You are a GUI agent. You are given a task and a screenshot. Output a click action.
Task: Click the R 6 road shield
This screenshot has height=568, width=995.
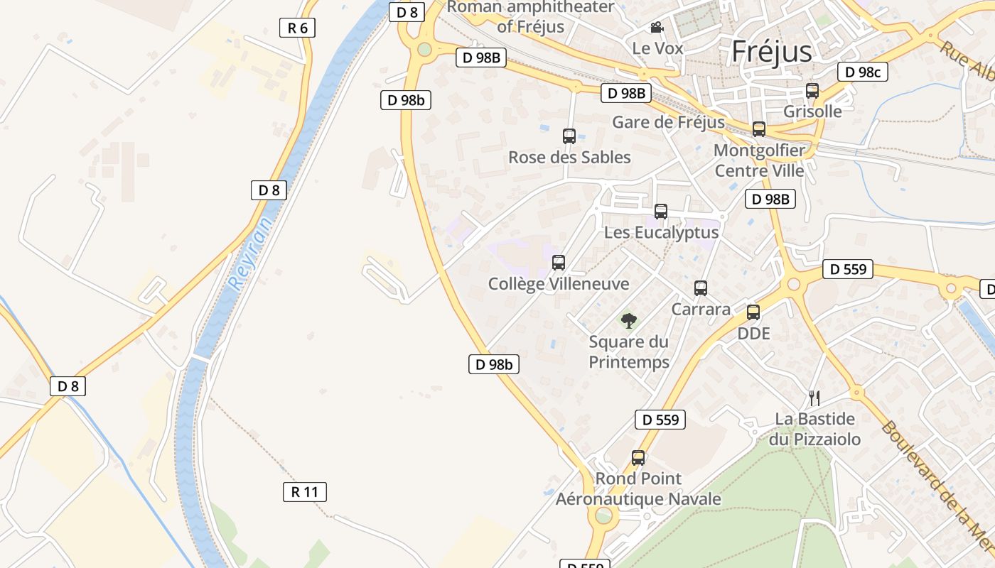coord(297,28)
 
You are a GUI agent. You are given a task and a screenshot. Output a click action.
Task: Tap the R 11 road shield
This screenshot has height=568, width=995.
coord(304,492)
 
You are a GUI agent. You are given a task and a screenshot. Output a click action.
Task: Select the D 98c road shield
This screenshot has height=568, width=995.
coord(863,72)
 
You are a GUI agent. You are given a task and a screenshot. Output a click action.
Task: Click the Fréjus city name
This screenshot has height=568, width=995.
coord(771,51)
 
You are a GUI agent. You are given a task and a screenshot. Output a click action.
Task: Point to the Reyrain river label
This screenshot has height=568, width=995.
coord(251,252)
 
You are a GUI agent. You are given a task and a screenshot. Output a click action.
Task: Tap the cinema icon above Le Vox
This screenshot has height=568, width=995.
coord(657,28)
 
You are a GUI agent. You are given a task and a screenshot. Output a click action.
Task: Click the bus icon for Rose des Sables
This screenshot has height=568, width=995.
coord(569,136)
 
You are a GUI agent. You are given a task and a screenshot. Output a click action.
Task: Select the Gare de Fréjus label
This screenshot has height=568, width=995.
coord(668,122)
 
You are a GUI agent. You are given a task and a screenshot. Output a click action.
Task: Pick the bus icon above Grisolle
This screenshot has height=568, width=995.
coord(812,91)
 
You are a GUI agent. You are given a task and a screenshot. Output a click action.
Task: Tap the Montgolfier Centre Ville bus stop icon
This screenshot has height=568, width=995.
coord(759,129)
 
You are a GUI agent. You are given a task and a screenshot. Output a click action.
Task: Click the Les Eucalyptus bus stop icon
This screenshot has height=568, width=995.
coord(661,212)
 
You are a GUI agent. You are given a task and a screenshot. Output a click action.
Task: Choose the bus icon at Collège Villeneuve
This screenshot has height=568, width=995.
coord(559,263)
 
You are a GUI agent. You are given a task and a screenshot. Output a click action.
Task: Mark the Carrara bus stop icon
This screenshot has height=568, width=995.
coord(701,288)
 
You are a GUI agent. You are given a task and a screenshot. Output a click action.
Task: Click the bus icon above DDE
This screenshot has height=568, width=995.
coord(753,312)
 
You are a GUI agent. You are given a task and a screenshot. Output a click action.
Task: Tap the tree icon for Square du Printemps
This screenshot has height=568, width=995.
coord(629,321)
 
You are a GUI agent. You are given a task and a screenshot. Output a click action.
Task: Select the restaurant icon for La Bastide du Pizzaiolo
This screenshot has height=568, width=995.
coord(814,398)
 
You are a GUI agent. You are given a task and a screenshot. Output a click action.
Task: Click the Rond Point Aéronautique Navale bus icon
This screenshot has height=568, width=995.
coord(638,458)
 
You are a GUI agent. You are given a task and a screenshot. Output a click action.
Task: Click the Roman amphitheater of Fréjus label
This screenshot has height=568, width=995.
coord(531,17)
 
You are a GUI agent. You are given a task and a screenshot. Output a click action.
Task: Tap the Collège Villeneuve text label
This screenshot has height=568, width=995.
coord(559,284)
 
